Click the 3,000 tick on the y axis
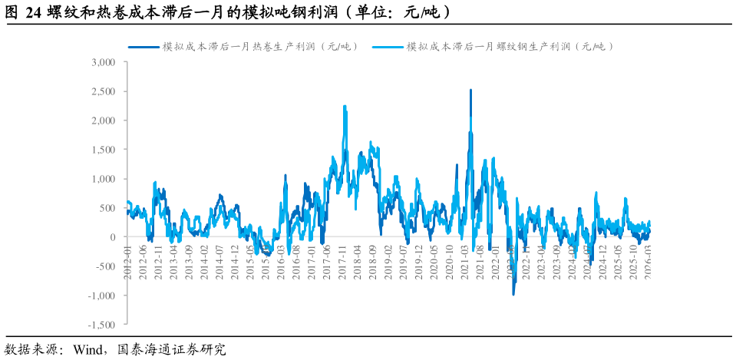pyautogui.click(x=103, y=62)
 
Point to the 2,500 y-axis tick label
pyautogui.click(x=103, y=91)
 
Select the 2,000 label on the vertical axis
pyautogui.click(x=103, y=121)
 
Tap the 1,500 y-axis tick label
pyautogui.click(x=103, y=150)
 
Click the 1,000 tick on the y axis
pyautogui.click(x=103, y=179)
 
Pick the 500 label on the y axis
pyautogui.click(x=107, y=208)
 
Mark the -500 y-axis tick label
pyautogui.click(x=105, y=266)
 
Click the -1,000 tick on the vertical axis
pyautogui.click(x=101, y=296)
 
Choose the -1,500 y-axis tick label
pyautogui.click(x=101, y=325)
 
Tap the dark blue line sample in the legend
pyautogui.click(x=143, y=47)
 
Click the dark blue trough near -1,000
pyautogui.click(x=513, y=292)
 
